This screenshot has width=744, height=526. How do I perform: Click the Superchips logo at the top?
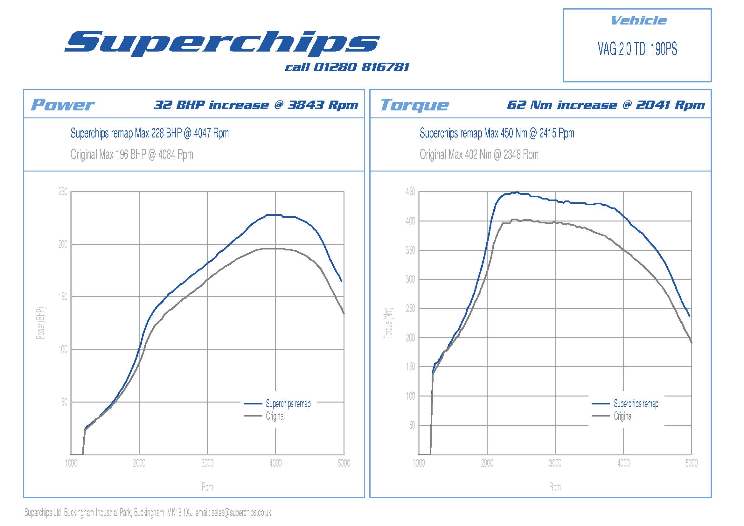222,43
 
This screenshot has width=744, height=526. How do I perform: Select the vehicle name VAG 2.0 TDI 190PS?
637,49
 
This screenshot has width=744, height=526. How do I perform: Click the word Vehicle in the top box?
638,21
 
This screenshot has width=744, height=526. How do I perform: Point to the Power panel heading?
62,105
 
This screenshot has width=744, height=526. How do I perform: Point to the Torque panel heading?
414,105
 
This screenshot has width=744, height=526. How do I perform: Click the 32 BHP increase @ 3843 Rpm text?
256,105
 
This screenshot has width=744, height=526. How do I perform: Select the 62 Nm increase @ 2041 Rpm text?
606,105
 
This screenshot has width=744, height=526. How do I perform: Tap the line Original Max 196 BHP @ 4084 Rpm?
132,155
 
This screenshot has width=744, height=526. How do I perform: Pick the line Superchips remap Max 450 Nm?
497,133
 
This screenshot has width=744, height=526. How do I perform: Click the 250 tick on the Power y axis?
63,192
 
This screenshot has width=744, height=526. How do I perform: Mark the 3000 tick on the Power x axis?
207,463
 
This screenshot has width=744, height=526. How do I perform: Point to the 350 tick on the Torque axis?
410,250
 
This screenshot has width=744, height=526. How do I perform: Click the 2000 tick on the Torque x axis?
487,463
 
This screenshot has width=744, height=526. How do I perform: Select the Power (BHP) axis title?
40,323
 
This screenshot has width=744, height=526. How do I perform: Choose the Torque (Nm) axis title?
388,323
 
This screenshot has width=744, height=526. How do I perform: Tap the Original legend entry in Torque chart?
623,416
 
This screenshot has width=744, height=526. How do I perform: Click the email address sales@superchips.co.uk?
241,512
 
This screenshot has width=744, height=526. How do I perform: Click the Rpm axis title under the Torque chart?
555,487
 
